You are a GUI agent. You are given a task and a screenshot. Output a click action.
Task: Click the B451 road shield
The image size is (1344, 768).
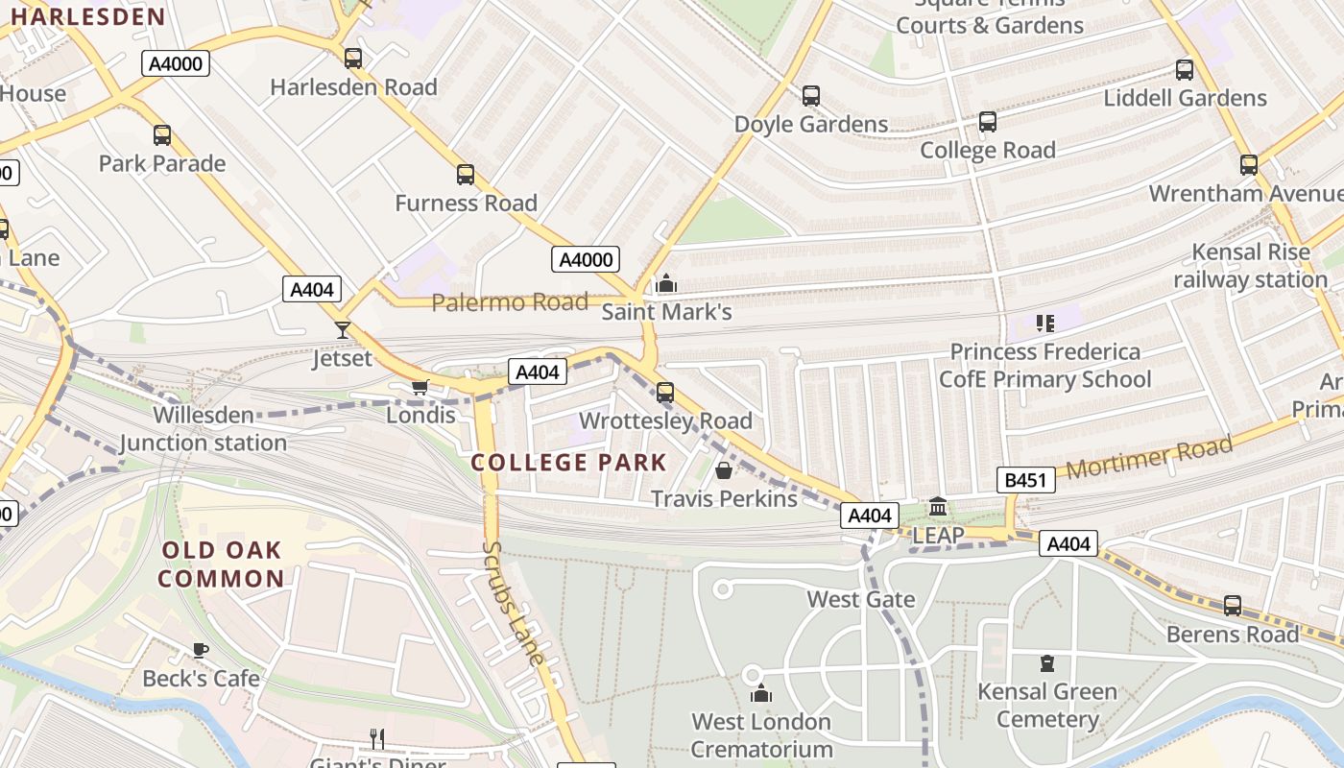click(x=1026, y=481)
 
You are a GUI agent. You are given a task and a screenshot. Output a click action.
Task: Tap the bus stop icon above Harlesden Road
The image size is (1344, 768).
click(x=353, y=59)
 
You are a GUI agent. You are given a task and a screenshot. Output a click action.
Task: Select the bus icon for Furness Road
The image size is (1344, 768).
click(x=466, y=175)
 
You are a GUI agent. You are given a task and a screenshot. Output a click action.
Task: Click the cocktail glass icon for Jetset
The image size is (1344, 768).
click(x=343, y=330)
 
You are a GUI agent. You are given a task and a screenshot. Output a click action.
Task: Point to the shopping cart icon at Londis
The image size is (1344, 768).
click(x=420, y=387)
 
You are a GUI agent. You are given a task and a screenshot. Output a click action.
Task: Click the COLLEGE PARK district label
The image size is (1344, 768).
click(x=568, y=463)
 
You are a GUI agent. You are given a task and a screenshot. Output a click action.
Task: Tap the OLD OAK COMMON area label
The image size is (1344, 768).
click(x=222, y=564)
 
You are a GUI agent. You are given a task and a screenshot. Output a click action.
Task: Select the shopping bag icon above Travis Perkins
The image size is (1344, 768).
click(x=724, y=470)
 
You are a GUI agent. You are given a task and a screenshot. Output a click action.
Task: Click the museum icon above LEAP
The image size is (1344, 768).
click(x=938, y=506)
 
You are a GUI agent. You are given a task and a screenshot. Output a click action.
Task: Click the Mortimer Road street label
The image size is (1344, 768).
click(x=1149, y=458)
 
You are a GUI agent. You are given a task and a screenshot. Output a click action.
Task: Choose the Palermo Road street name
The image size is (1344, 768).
click(x=509, y=303)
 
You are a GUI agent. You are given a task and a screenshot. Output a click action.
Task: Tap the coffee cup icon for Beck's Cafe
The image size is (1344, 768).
click(x=201, y=650)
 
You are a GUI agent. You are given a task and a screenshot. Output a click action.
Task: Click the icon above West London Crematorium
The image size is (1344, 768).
click(x=761, y=693)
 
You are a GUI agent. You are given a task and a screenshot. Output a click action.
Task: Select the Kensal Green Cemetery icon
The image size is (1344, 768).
click(x=1046, y=662)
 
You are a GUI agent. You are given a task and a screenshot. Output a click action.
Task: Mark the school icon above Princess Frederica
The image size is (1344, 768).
click(x=1045, y=324)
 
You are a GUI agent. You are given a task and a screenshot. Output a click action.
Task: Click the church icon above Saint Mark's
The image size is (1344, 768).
click(x=665, y=283)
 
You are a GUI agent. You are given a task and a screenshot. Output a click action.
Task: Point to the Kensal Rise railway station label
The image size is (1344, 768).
click(x=1250, y=266)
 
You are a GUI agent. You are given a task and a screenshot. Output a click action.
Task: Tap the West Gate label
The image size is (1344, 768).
click(x=860, y=600)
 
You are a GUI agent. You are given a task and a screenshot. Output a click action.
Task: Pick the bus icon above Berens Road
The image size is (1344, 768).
click(x=1232, y=606)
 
